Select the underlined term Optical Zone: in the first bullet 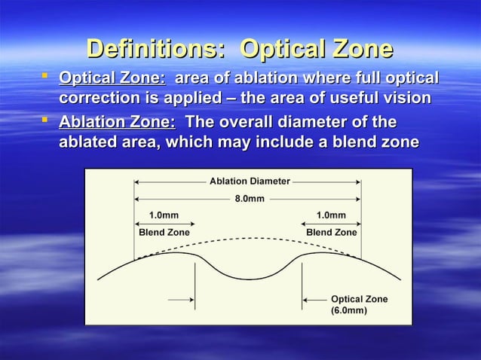tap(112, 79)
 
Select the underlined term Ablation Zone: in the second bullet tap(117, 122)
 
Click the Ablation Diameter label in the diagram tap(247, 182)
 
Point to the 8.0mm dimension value tap(247, 199)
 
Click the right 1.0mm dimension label tap(331, 216)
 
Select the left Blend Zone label tap(164, 233)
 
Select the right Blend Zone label tap(331, 233)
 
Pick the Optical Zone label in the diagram tap(359, 299)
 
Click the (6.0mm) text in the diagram tap(349, 310)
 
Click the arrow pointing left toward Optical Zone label tap(314, 300)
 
